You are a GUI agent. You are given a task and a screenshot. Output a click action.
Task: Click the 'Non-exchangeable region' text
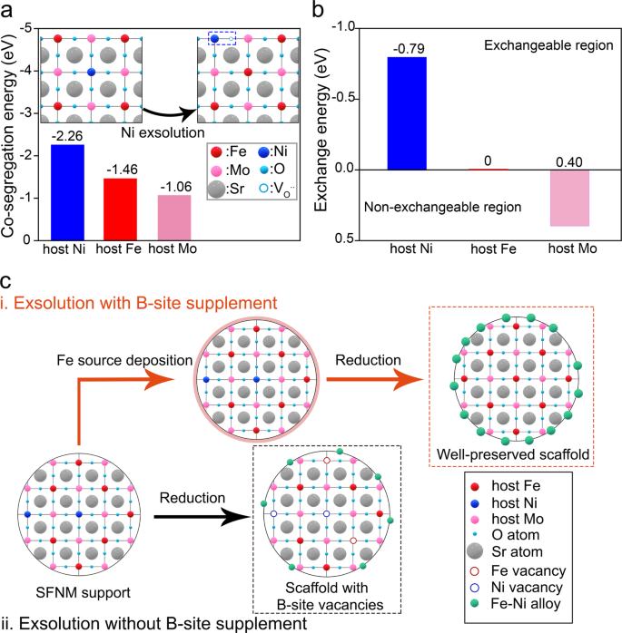[429, 208]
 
